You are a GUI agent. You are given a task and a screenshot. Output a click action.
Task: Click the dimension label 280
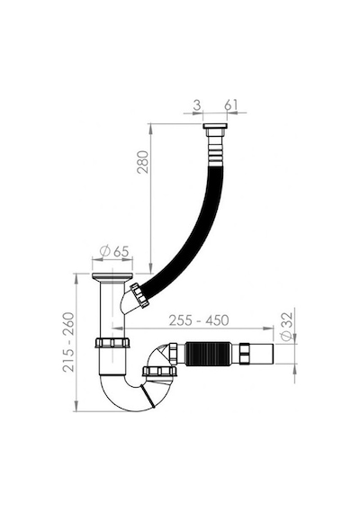[143, 162]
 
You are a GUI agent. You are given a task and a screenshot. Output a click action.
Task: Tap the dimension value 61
[230, 105]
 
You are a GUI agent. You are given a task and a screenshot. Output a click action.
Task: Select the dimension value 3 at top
[197, 105]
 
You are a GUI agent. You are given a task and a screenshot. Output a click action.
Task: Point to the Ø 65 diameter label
[114, 252]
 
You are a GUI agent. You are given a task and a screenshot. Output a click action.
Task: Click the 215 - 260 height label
[68, 342]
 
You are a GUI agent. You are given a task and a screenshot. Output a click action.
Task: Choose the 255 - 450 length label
[199, 320]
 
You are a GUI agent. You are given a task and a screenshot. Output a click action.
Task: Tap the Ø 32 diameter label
[286, 326]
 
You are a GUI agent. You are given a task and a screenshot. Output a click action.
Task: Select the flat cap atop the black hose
[215, 126]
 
